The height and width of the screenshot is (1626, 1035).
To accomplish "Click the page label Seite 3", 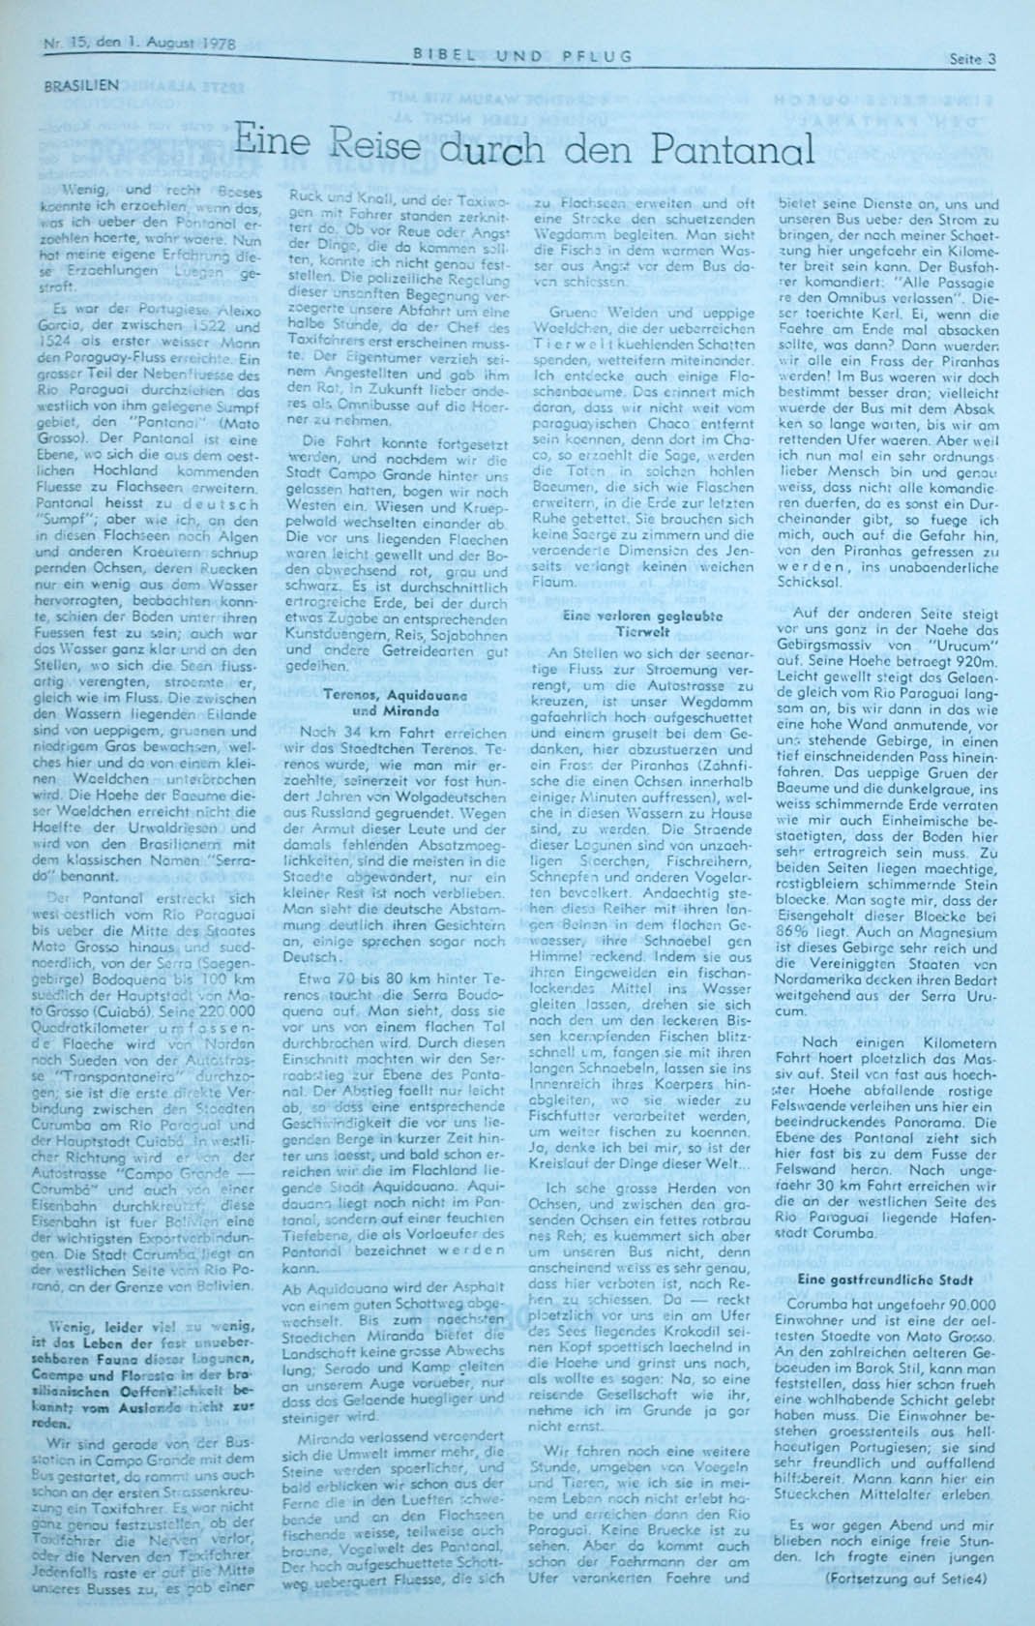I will pos(974,58).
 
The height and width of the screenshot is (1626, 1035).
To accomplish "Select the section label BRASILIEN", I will pos(81,85).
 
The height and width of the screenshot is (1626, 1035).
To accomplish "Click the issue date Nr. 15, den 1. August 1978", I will pos(139,43).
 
